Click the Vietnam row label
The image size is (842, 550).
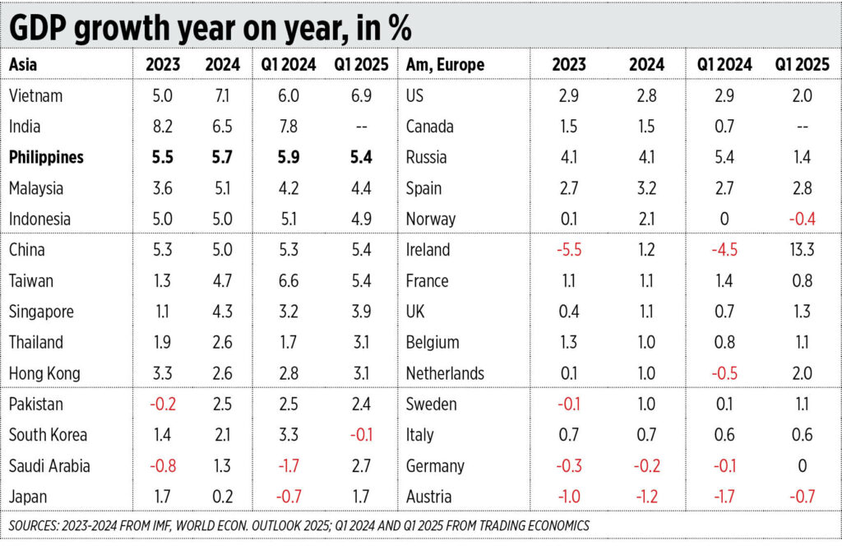click(x=35, y=95)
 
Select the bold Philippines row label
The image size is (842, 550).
click(x=46, y=157)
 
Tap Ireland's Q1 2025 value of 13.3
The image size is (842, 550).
click(x=802, y=250)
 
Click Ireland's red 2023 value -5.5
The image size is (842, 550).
click(x=569, y=250)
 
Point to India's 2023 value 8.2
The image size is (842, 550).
click(x=162, y=127)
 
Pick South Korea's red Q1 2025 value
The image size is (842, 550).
click(x=362, y=435)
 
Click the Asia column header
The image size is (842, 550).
click(x=23, y=64)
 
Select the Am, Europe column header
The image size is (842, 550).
click(x=445, y=64)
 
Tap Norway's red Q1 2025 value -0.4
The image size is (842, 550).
click(x=803, y=220)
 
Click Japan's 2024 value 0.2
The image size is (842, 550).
click(x=222, y=497)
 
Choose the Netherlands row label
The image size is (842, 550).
click(x=445, y=373)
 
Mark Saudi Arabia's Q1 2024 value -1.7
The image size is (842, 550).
click(x=289, y=465)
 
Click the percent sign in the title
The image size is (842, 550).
click(x=400, y=28)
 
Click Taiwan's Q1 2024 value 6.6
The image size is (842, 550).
click(x=289, y=281)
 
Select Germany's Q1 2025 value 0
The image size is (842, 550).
click(x=803, y=465)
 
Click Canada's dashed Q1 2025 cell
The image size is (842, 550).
click(x=803, y=127)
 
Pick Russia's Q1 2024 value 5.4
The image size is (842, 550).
click(x=724, y=157)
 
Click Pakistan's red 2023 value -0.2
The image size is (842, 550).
click(x=163, y=404)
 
